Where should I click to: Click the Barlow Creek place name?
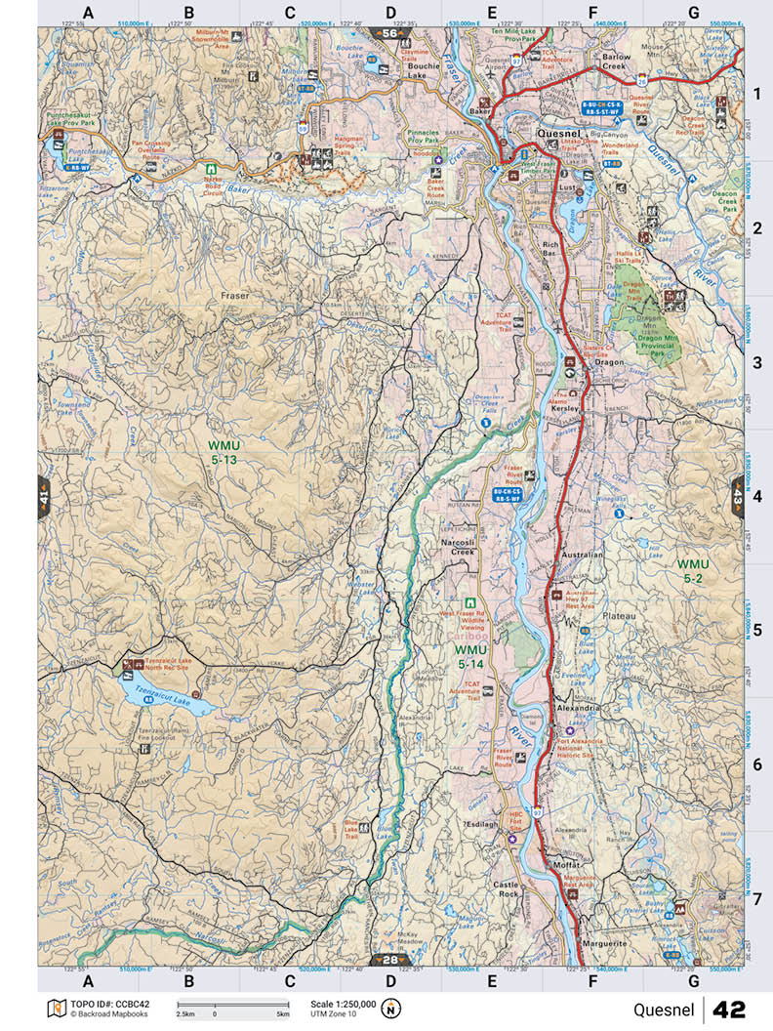617,63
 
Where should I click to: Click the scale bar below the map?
232,1005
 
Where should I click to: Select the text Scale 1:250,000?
343,1004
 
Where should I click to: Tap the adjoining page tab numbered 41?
44,498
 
